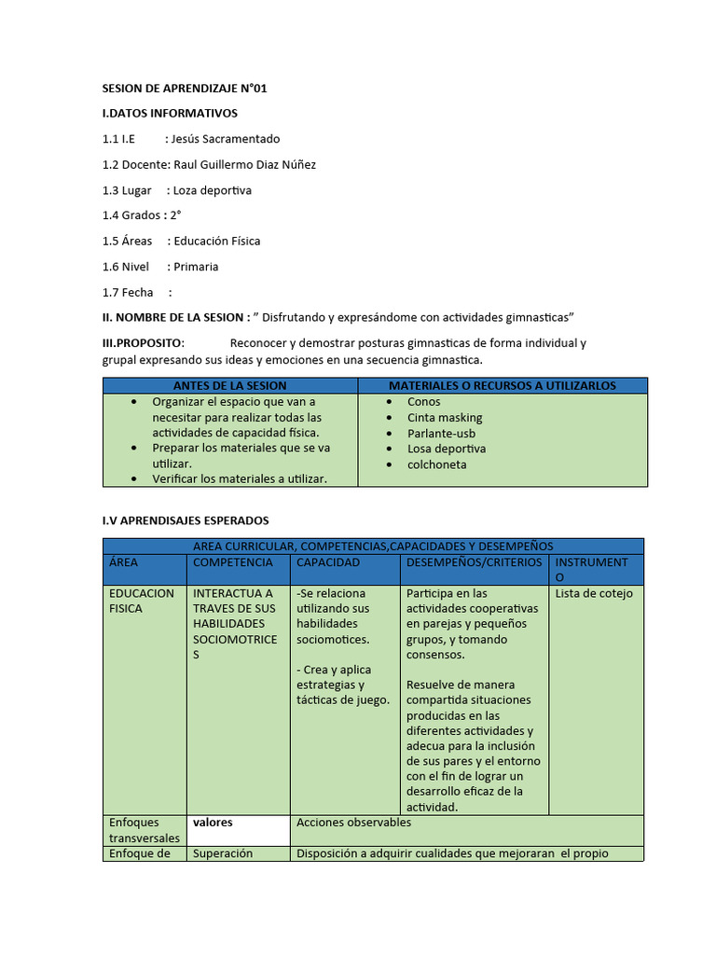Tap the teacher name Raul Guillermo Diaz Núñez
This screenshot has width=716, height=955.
(x=245, y=164)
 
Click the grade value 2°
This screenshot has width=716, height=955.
(x=175, y=215)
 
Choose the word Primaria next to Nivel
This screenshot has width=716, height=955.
(x=196, y=267)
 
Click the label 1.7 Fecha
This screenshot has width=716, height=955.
(x=128, y=292)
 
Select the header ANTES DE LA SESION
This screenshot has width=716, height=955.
(x=230, y=385)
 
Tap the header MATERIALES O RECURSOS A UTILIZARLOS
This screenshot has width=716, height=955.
(x=503, y=385)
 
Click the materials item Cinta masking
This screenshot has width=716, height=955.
(x=445, y=418)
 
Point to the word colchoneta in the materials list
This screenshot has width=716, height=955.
(x=437, y=464)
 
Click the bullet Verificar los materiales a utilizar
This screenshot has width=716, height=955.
(x=240, y=478)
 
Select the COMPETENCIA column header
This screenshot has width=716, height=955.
(x=233, y=562)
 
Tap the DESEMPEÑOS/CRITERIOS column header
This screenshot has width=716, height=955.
(x=475, y=562)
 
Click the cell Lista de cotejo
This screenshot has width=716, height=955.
(x=594, y=593)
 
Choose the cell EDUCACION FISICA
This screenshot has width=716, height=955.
(x=142, y=601)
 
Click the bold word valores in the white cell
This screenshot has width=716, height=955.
(x=213, y=823)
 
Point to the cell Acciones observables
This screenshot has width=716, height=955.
(x=353, y=823)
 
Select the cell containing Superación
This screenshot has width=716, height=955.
(x=223, y=853)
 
